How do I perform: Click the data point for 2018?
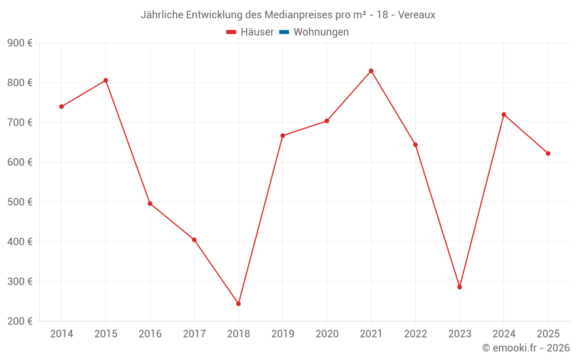pos(238,304)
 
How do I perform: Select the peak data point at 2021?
pos(371,71)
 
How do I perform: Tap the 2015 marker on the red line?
pos(106,81)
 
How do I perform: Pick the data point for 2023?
pos(460,287)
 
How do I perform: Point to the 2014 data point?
pos(62,107)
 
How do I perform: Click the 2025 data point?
pos(548,153)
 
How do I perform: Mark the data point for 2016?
pos(150,203)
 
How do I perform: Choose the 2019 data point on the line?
pos(283,136)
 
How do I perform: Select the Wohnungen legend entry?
pos(321,32)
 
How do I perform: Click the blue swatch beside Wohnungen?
pos(284,32)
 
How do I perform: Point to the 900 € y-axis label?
pos(20,43)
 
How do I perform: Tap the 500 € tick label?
pos(20,202)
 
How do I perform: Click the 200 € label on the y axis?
pos(20,321)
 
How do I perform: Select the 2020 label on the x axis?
pos(327,334)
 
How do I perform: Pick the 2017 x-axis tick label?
pos(194,334)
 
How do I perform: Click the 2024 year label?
pos(503,334)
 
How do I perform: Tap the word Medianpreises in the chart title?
pos(300,14)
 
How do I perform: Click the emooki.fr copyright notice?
pos(526,348)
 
